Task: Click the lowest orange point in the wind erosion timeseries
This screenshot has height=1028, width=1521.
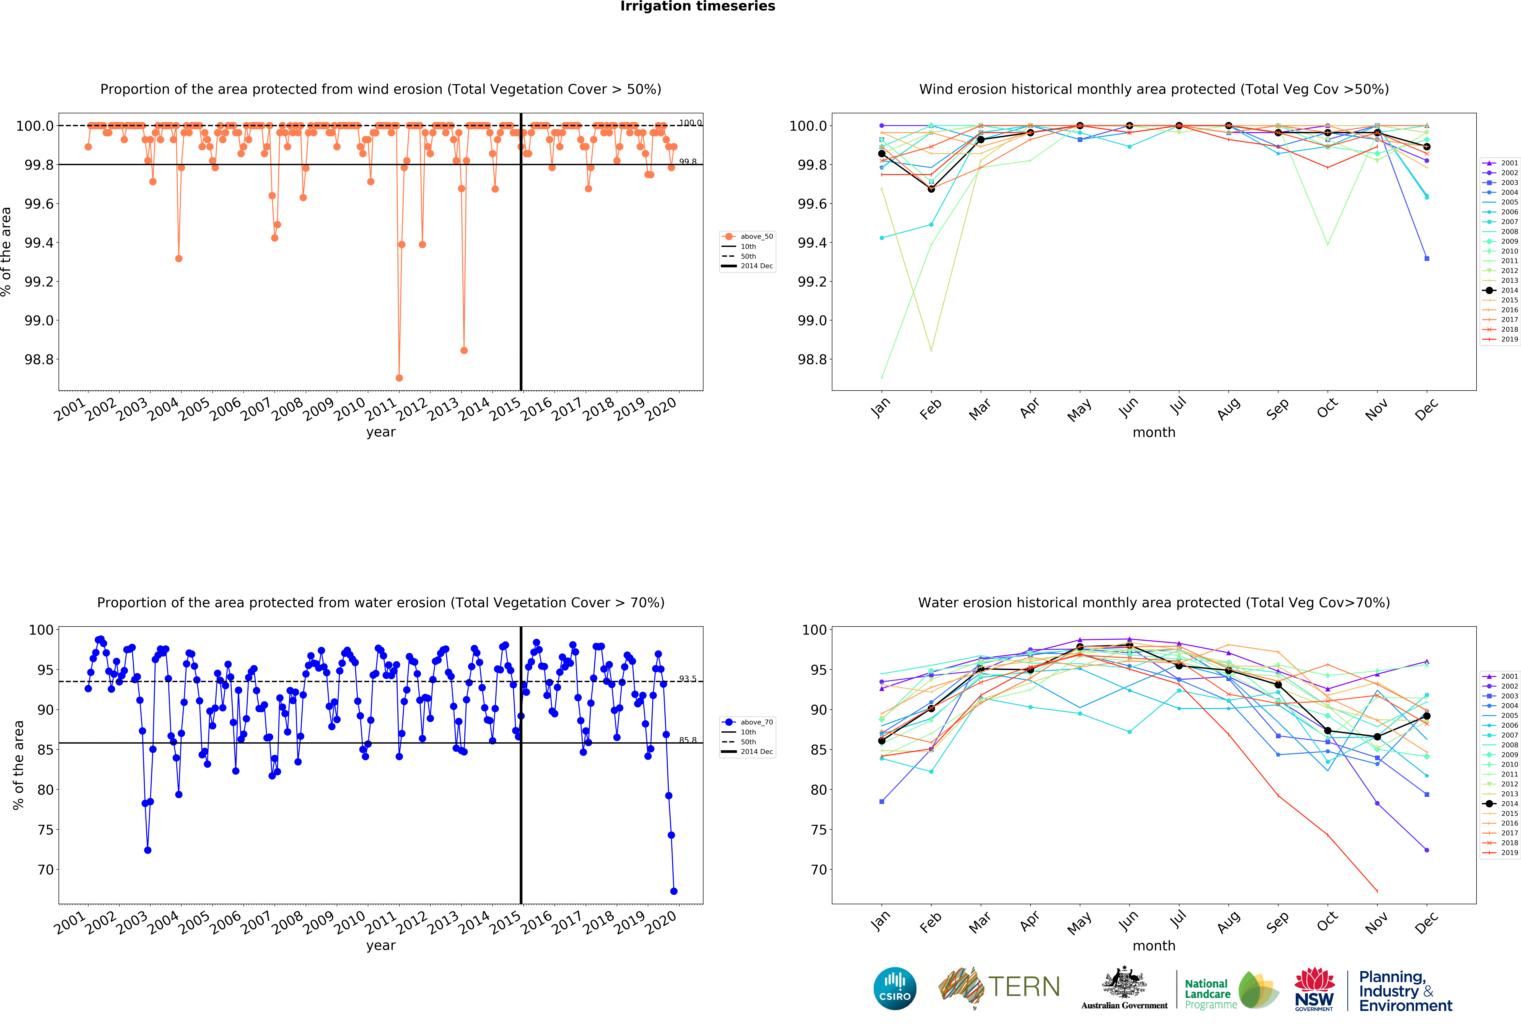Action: pos(399,378)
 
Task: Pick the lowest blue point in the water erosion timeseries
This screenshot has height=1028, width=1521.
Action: pos(674,891)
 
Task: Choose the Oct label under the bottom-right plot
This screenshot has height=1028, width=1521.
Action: pos(1327,921)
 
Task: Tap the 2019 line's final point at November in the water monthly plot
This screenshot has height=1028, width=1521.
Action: pos(1377,891)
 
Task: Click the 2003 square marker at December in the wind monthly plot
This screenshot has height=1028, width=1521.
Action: pos(1427,259)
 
